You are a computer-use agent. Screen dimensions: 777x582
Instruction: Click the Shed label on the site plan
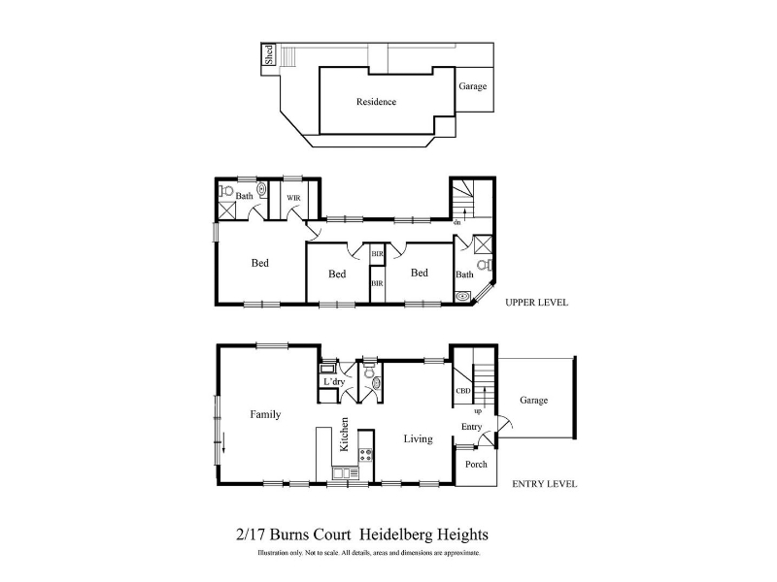pos(269,54)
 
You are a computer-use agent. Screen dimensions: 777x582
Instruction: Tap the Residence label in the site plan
pos(376,102)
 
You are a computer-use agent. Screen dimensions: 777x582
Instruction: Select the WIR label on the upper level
pos(293,198)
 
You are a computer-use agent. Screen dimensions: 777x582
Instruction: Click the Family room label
pos(265,414)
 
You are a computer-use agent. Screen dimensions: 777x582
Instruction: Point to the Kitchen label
pos(344,435)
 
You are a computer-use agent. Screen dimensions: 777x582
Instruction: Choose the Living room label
pos(418,439)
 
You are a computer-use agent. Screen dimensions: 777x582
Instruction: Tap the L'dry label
pos(334,381)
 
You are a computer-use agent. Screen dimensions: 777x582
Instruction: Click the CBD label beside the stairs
pos(463,391)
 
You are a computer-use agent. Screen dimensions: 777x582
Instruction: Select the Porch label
pos(476,465)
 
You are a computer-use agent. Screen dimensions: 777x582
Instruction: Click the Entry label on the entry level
pos(471,427)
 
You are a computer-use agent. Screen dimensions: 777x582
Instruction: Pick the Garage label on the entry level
pos(533,400)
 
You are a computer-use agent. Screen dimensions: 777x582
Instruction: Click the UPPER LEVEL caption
pos(537,303)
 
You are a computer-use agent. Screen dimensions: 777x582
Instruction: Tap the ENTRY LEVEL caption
pos(545,484)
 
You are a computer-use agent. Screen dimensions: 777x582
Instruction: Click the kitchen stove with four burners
pos(366,455)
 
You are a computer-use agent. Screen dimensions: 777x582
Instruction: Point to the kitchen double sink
pos(342,473)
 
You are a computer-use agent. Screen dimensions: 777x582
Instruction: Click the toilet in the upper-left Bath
pos(227,190)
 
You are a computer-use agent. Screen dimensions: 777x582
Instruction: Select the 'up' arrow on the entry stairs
pos(484,397)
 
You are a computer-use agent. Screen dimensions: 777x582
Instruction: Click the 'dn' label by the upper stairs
pos(456,223)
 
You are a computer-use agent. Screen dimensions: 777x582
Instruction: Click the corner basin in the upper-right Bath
pos(463,297)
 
